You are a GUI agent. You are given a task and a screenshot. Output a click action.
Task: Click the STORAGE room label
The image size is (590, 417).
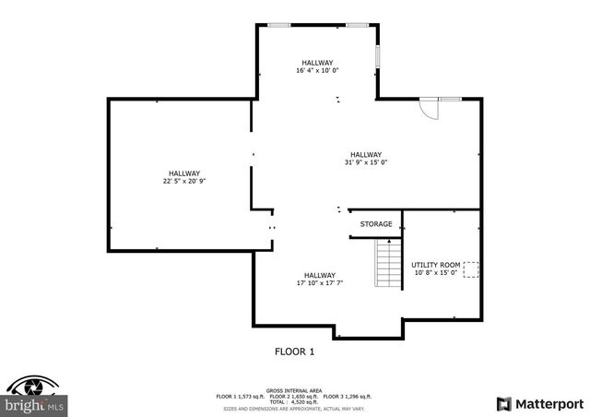(376, 224)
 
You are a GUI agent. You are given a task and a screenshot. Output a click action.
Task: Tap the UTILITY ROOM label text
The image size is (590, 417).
(436, 265)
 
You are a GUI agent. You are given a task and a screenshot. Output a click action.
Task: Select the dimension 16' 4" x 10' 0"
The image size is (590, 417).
(317, 70)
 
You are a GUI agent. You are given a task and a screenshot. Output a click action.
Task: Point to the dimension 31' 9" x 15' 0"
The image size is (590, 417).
(365, 162)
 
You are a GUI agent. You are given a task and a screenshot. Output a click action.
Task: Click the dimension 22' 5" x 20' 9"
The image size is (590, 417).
(183, 181)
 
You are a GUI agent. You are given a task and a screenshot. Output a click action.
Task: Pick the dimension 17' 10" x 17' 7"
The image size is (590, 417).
(320, 283)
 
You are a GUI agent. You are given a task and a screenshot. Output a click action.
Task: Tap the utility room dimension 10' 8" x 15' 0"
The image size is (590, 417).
(436, 273)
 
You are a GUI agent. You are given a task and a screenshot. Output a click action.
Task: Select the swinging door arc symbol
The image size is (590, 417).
(427, 108)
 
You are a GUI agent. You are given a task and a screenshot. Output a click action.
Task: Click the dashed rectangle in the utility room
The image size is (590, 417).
(470, 269)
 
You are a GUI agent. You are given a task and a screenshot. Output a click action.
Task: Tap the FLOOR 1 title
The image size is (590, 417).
(295, 351)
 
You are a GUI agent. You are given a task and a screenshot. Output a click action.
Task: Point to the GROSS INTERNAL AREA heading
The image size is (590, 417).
(294, 390)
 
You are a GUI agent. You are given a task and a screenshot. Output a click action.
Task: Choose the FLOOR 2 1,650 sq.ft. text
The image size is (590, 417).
(294, 396)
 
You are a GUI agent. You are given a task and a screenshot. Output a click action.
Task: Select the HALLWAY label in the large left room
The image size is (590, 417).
(183, 173)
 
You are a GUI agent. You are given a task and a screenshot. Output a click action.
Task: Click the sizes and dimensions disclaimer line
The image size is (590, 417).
(294, 407)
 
